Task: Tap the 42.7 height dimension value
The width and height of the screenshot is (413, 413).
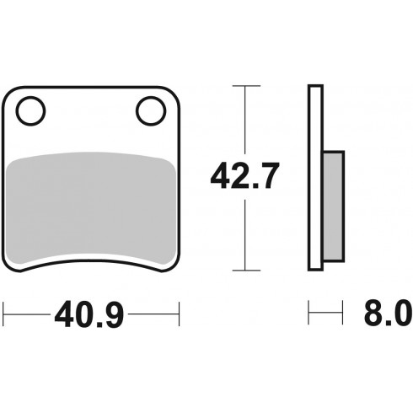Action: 244,176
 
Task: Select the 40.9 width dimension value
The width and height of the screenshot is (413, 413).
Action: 89,314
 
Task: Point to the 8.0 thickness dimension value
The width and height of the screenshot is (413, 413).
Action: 388,313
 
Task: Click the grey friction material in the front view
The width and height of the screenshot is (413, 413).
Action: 91,207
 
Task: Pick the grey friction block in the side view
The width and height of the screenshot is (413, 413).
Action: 334,206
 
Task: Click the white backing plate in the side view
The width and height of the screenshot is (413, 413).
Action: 315,178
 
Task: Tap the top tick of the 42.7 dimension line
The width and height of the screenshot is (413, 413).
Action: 246,86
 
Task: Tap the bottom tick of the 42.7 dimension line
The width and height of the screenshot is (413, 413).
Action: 246,271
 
